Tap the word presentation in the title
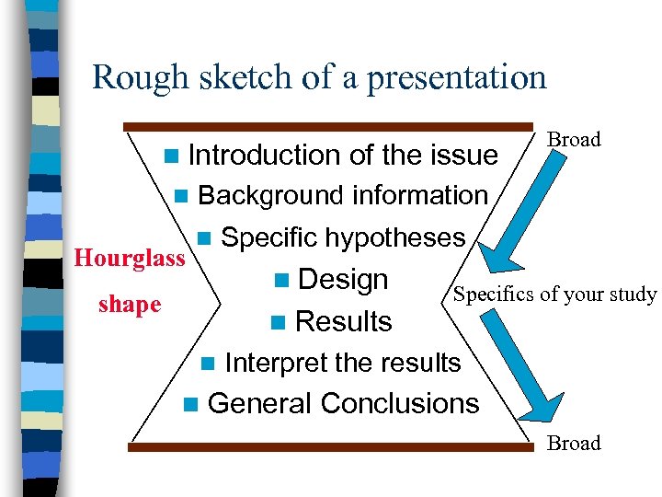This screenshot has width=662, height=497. [x=456, y=78]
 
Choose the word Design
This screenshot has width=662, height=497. [x=343, y=280]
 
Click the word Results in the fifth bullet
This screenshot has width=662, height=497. [x=344, y=321]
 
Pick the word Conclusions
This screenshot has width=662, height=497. [x=400, y=403]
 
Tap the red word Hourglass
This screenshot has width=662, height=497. [x=130, y=259]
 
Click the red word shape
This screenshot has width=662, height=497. [x=130, y=305]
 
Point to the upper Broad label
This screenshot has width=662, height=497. [x=574, y=140]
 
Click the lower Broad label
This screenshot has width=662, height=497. [x=574, y=443]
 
